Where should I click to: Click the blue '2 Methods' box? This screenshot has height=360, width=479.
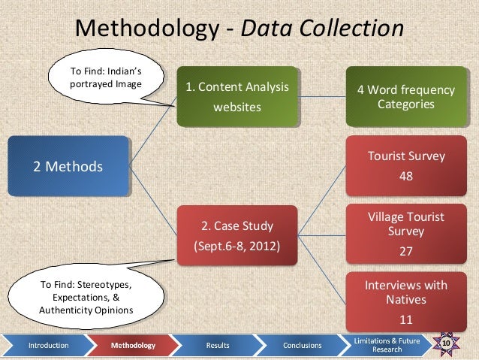click(x=68, y=166)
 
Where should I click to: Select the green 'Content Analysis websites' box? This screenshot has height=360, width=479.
click(x=237, y=97)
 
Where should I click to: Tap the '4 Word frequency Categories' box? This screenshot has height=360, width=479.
click(x=405, y=97)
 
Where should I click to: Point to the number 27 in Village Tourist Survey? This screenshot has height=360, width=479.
click(x=405, y=252)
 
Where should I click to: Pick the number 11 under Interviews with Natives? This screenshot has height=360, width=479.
click(x=405, y=319)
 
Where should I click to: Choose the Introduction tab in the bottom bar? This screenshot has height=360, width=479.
click(x=48, y=346)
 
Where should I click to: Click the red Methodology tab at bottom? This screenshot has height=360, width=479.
click(x=133, y=346)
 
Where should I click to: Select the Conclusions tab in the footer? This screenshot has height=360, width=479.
click(x=303, y=346)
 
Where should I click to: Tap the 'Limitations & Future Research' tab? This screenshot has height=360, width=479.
click(x=387, y=345)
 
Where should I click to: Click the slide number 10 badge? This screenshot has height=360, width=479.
click(x=446, y=344)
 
